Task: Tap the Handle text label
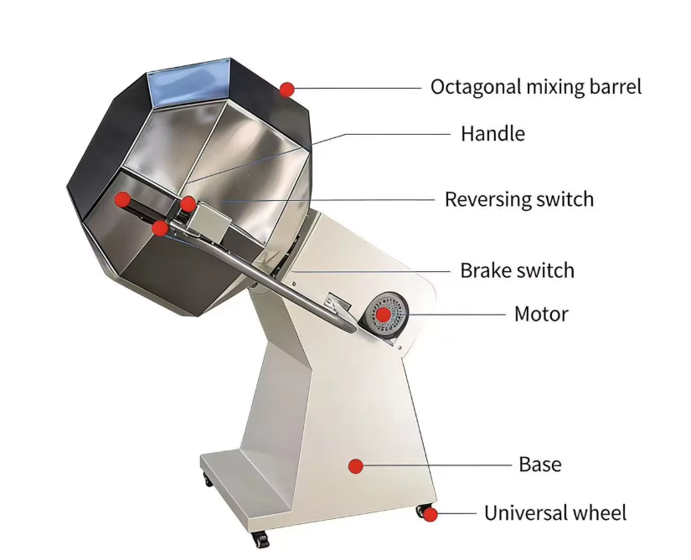492,133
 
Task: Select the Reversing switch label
518,199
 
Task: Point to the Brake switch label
517,270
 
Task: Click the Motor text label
541,315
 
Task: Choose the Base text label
540,464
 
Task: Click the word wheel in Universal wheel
601,512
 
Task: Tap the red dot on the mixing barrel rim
287,89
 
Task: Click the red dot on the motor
383,315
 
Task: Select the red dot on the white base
356,465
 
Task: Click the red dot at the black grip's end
122,199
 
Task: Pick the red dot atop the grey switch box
188,203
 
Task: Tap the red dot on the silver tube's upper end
160,228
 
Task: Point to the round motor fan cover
386,316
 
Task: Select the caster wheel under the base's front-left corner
207,480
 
